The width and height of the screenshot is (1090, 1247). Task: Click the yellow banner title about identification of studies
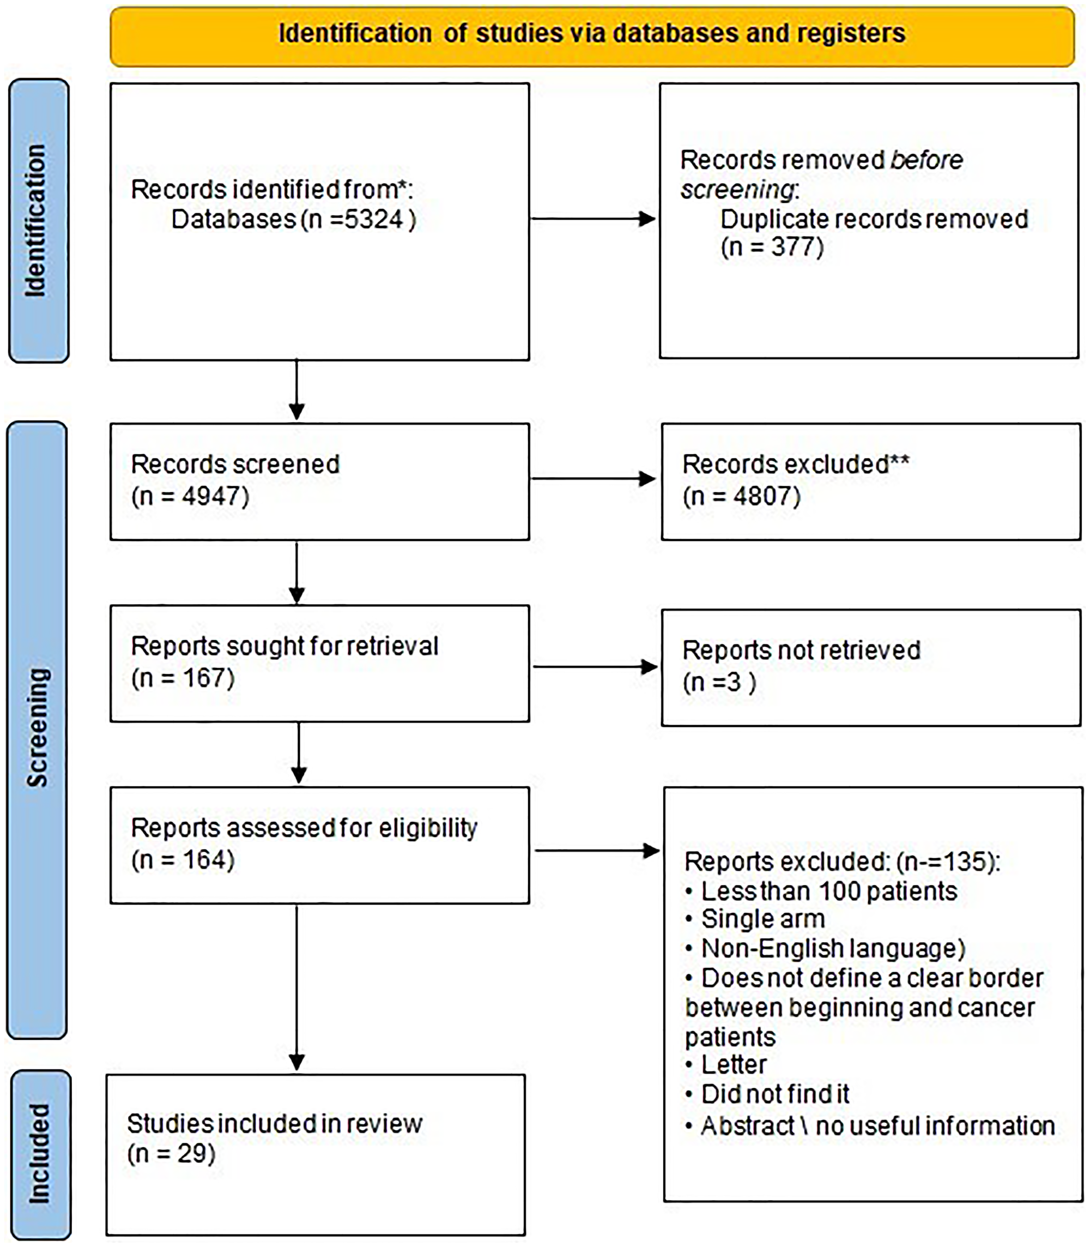592,33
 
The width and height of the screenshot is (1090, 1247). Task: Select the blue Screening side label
37,727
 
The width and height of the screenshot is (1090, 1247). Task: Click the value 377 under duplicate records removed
797,247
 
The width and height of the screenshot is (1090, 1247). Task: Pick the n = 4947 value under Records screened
190,496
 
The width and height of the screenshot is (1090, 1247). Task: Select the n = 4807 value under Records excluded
741,496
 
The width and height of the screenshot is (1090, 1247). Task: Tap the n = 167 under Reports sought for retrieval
183,678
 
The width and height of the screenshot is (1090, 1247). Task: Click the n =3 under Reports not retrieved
719,682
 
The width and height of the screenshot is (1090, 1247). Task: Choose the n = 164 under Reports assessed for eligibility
183,859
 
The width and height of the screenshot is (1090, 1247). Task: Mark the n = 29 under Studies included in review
171,1153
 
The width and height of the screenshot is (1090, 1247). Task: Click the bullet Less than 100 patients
828,891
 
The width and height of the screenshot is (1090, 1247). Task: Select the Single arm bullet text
763,919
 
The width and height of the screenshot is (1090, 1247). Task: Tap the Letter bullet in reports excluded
734,1064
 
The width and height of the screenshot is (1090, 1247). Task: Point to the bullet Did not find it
775,1094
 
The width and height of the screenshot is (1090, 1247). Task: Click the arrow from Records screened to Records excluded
593,478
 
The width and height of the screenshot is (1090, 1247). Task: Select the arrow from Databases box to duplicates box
593,219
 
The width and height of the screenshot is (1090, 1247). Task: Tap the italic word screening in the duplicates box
737,190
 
